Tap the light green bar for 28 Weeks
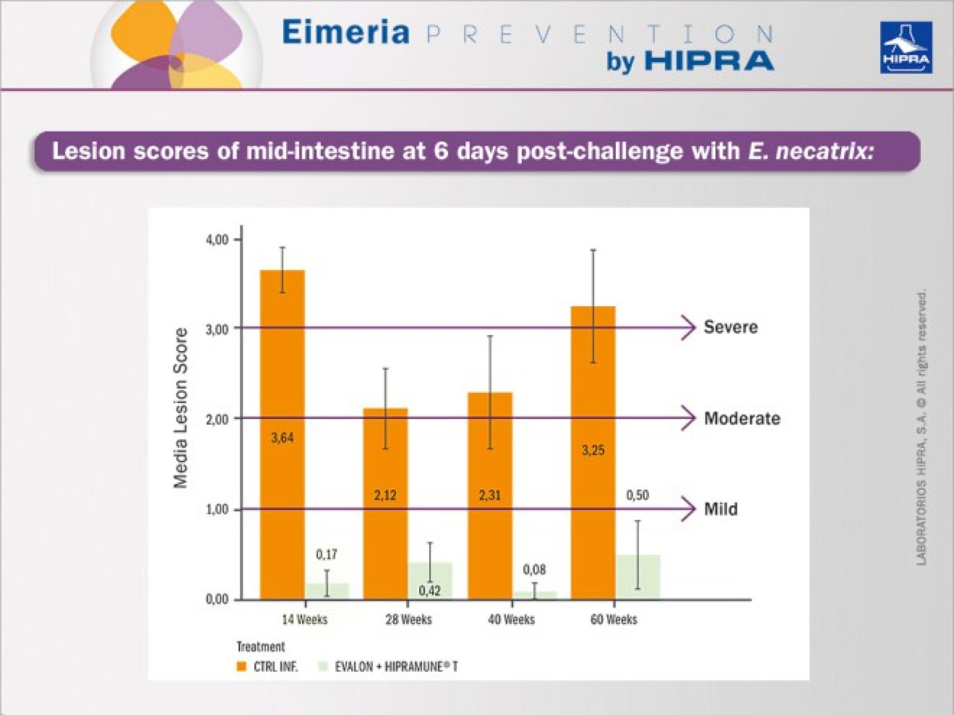pyautogui.click(x=430, y=581)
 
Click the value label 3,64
pyautogui.click(x=282, y=437)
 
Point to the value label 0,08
pyautogui.click(x=534, y=570)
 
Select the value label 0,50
pyautogui.click(x=637, y=495)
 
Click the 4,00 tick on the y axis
pyautogui.click(x=217, y=240)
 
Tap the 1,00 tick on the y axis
pyautogui.click(x=217, y=510)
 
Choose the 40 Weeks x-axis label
pyautogui.click(x=511, y=619)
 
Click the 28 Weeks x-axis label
pyautogui.click(x=408, y=619)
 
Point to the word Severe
pyautogui.click(x=730, y=327)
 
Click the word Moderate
pyautogui.click(x=742, y=418)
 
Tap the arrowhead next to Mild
pyautogui.click(x=689, y=509)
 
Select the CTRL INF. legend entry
pyautogui.click(x=268, y=666)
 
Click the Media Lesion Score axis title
pyautogui.click(x=180, y=408)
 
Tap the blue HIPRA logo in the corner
pyautogui.click(x=906, y=48)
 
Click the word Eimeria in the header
pyautogui.click(x=346, y=33)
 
